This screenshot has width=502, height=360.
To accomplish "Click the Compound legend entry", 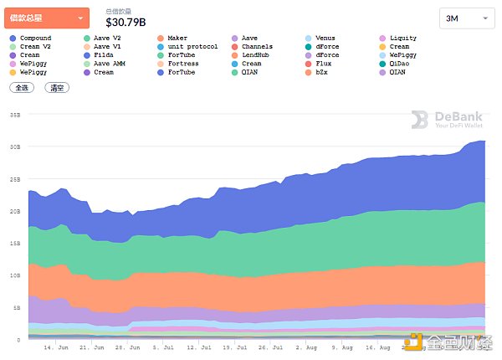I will (x=34, y=39).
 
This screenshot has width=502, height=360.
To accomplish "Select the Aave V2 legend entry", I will (x=107, y=39).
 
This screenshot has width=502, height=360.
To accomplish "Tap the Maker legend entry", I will (x=177, y=39).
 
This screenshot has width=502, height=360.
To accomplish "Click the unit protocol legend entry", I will (x=192, y=47).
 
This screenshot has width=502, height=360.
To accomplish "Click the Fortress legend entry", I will (x=182, y=64).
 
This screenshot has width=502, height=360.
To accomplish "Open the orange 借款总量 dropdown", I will (x=47, y=18).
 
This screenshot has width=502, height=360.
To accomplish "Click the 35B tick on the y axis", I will (x=15, y=114).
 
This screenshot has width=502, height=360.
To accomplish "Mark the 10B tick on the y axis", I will (x=15, y=275).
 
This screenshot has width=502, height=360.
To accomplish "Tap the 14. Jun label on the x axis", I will (x=55, y=346).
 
